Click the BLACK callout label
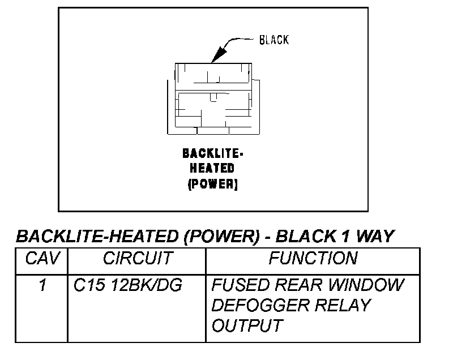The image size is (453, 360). click(274, 40)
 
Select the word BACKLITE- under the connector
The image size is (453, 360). click(213, 153)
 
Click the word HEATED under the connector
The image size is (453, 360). click(212, 169)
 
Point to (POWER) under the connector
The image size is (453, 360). click(212, 184)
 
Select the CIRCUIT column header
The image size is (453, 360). click(137, 259)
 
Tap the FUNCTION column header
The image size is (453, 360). click(313, 259)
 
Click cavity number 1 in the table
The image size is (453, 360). click(42, 285)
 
